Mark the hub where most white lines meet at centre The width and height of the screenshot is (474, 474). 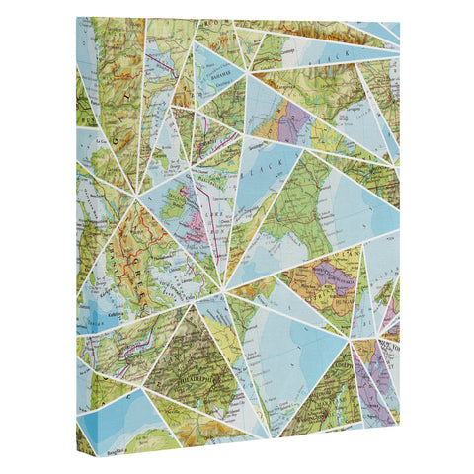click(x=226, y=288)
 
